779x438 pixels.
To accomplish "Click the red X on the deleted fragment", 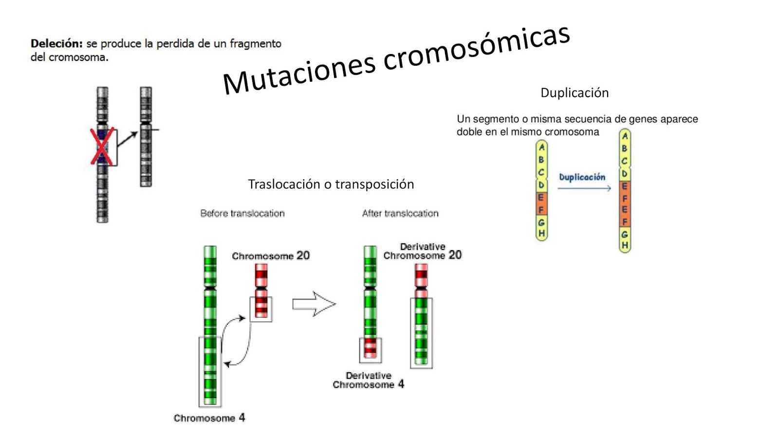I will [102, 146].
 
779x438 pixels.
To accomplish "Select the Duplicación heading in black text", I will [575, 93].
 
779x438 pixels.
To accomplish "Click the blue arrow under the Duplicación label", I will [584, 188].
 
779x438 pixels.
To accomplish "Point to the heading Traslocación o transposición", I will [331, 184].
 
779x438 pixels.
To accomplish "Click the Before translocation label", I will [242, 213].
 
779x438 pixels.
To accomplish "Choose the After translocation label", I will [400, 213].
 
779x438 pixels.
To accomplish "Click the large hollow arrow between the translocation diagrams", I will [314, 304].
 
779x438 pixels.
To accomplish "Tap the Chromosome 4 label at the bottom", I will [209, 418].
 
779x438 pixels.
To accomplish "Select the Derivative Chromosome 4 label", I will [368, 380].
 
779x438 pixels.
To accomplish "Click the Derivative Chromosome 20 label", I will [422, 251].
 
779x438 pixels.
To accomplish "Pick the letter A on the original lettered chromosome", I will [541, 147].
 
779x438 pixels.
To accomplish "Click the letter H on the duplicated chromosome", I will [625, 245].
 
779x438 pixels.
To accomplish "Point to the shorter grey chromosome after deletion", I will [146, 136].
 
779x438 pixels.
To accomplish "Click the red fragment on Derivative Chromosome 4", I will [371, 347].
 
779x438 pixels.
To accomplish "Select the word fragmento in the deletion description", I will [255, 44].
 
